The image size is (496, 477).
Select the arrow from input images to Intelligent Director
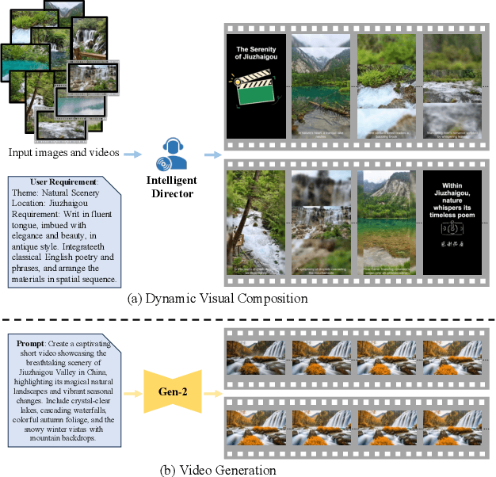pyautogui.click(x=131, y=155)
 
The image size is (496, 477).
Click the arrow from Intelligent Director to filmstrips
pyautogui.click(x=210, y=155)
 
